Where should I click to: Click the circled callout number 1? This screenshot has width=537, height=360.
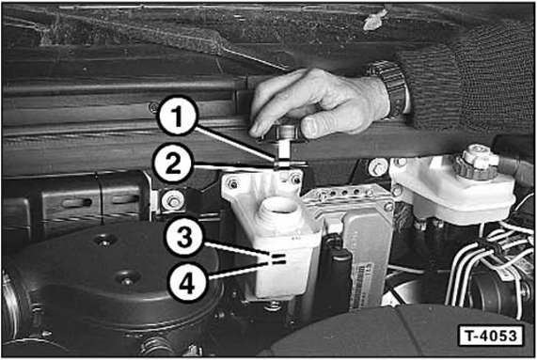tap(177, 117)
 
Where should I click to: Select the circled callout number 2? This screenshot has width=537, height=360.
tap(173, 164)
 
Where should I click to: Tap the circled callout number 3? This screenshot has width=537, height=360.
tap(185, 237)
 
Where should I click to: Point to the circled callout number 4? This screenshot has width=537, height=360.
tap(187, 282)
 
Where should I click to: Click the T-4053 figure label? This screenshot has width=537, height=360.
tap(491, 336)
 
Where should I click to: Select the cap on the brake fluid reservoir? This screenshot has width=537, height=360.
tap(475, 162)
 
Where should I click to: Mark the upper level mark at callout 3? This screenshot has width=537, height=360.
tap(276, 256)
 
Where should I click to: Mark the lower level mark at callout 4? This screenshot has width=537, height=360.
tap(277, 262)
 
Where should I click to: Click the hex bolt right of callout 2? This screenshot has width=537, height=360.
tap(174, 200)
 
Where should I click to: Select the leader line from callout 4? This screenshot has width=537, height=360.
tap(237, 270)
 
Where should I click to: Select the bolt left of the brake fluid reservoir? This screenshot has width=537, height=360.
tap(377, 167)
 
